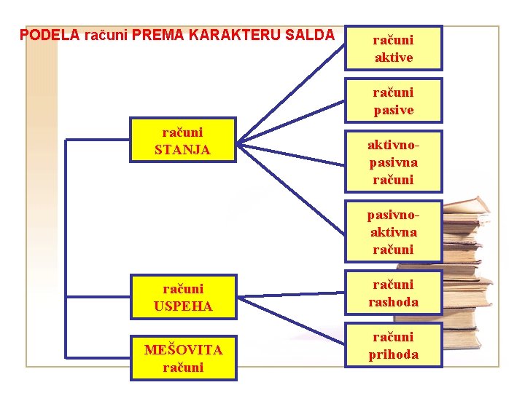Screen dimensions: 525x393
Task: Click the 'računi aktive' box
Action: click(394, 48)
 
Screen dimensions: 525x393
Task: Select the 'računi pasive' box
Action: click(394, 101)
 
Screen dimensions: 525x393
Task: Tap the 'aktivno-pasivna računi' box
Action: click(394, 162)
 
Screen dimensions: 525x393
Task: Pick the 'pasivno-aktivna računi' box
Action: click(394, 231)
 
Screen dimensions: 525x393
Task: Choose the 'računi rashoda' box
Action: click(394, 293)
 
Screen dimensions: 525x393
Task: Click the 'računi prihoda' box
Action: click(394, 346)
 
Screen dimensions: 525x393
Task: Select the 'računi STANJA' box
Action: click(183, 140)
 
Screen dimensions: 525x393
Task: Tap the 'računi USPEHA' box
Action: click(183, 298)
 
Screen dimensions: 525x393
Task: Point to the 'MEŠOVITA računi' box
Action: click(183, 359)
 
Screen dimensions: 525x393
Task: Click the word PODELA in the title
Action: click(49, 35)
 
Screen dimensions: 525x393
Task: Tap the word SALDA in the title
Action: click(310, 35)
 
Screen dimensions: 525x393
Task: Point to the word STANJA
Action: click(183, 150)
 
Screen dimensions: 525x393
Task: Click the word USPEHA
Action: click(183, 306)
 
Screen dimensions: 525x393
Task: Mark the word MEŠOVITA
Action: click(183, 350)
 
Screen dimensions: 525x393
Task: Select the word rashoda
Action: click(394, 302)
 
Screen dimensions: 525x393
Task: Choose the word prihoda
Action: click(394, 354)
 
